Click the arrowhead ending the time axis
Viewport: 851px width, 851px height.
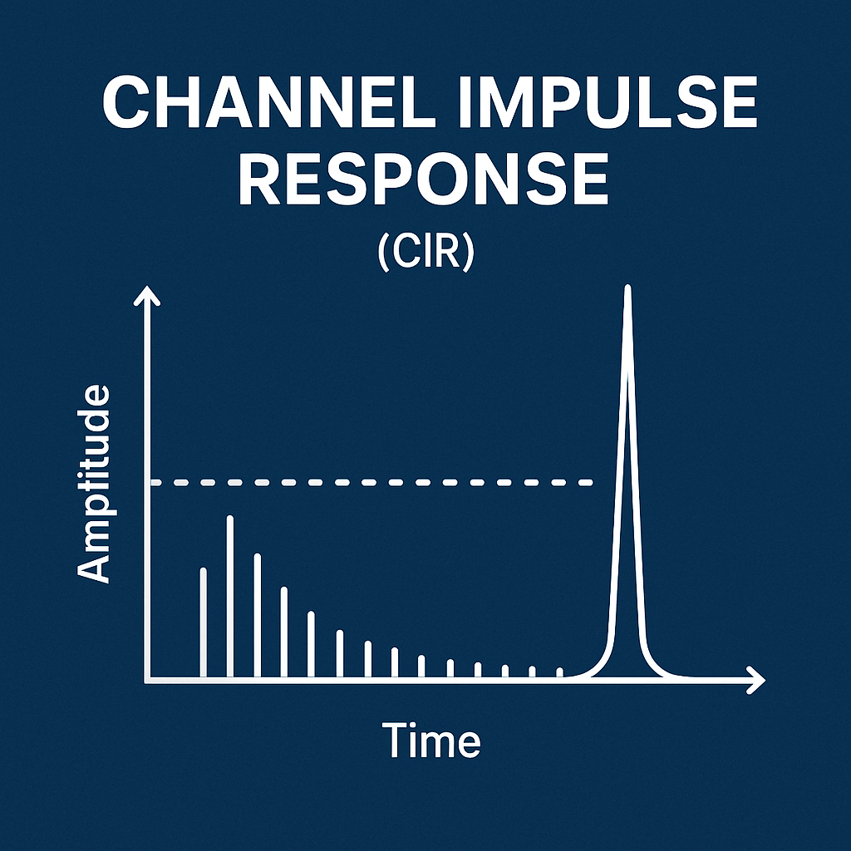pos(755,680)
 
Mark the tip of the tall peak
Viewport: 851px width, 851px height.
pos(627,288)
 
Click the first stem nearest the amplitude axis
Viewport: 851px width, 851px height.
pos(203,623)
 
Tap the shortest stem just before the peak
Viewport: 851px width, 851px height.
pos(559,673)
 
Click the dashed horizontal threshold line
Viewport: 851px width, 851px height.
pos(374,482)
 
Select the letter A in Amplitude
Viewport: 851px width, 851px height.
pos(94,568)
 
